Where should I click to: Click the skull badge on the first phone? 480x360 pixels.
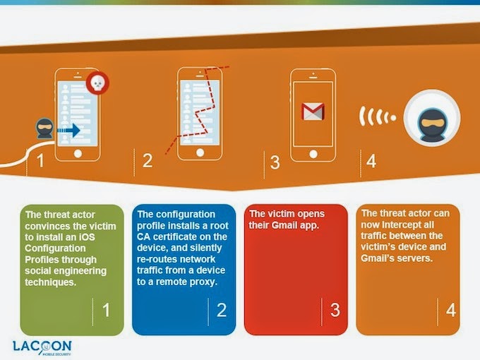(x=97, y=83)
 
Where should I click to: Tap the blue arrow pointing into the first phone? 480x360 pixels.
(x=69, y=131)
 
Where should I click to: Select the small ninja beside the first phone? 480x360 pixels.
(x=44, y=128)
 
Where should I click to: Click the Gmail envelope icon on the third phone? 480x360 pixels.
(x=313, y=112)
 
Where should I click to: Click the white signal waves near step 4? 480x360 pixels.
(x=377, y=116)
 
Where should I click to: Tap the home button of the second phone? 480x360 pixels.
(x=200, y=152)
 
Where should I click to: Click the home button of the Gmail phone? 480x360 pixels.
(x=313, y=154)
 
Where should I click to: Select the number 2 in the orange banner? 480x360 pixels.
(x=148, y=160)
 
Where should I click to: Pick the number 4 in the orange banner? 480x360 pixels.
(x=371, y=161)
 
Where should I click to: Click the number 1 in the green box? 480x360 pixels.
(x=106, y=310)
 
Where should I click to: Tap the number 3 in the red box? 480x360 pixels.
(x=335, y=310)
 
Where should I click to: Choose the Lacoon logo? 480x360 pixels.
(x=42, y=347)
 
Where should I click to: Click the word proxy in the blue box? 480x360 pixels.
(x=203, y=282)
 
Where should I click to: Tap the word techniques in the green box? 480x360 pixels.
(x=51, y=282)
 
